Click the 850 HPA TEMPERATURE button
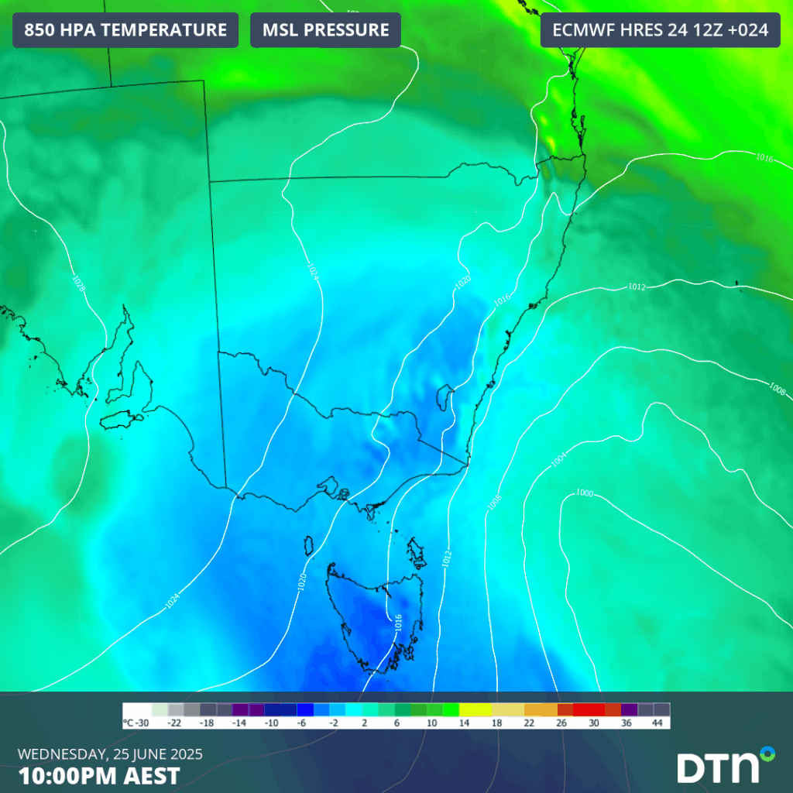click(x=125, y=30)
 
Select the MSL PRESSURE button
click(x=325, y=30)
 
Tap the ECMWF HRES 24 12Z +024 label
click(x=660, y=30)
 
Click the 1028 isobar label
click(x=79, y=284)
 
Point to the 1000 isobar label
click(x=585, y=493)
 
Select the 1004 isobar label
click(x=558, y=460)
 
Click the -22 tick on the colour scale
click(x=176, y=723)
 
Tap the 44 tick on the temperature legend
click(x=657, y=723)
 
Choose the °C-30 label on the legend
click(x=136, y=723)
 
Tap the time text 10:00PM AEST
click(x=99, y=775)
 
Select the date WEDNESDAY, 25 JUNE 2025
click(x=109, y=754)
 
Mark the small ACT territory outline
click(x=445, y=398)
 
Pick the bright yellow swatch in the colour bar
click(x=474, y=709)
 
